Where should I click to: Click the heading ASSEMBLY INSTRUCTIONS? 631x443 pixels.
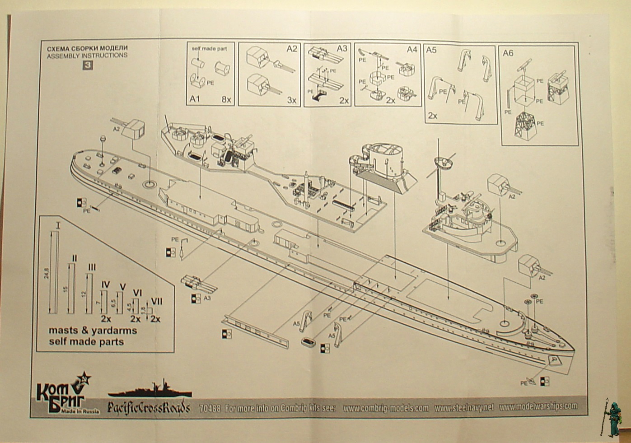pyautogui.click(x=87, y=55)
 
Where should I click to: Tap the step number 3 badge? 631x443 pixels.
pyautogui.click(x=84, y=65)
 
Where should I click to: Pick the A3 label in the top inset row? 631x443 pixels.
pyautogui.click(x=342, y=48)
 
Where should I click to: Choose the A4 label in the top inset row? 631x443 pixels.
pyautogui.click(x=411, y=49)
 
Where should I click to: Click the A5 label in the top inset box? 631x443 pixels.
pyautogui.click(x=431, y=50)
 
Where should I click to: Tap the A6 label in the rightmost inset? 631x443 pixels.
pyautogui.click(x=508, y=53)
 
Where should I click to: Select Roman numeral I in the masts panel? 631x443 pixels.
pyautogui.click(x=58, y=224)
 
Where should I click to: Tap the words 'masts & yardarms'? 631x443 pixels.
pyautogui.click(x=93, y=330)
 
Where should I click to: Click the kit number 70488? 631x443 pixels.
pyautogui.click(x=209, y=409)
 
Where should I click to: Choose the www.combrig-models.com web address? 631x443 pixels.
pyautogui.click(x=385, y=408)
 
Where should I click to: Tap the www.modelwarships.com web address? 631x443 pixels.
pyautogui.click(x=538, y=406)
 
